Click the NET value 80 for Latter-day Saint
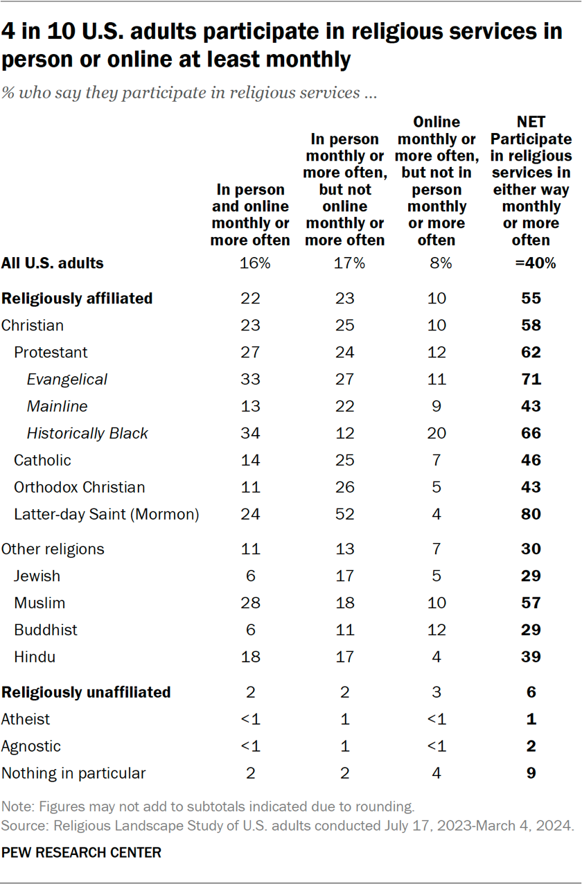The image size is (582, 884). click(531, 515)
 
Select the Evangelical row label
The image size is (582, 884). click(67, 379)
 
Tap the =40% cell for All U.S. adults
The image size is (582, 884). click(531, 263)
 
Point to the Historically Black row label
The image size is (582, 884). click(87, 434)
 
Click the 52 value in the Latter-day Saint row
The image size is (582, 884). click(344, 515)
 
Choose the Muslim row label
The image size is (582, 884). click(39, 603)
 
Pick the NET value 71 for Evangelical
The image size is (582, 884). click(531, 379)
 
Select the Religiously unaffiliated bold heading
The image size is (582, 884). click(86, 692)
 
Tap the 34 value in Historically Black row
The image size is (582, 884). click(250, 434)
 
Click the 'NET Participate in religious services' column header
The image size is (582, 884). click(531, 181)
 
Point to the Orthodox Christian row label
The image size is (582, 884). click(79, 487)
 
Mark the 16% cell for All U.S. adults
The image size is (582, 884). click(250, 263)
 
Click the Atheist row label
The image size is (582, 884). click(26, 719)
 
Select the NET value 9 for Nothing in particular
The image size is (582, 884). click(531, 773)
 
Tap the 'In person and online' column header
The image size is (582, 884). click(250, 215)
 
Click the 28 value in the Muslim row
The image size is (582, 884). click(250, 603)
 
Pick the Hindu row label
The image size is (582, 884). click(35, 657)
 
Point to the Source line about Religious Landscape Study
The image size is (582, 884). click(287, 826)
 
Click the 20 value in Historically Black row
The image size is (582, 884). click(436, 434)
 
